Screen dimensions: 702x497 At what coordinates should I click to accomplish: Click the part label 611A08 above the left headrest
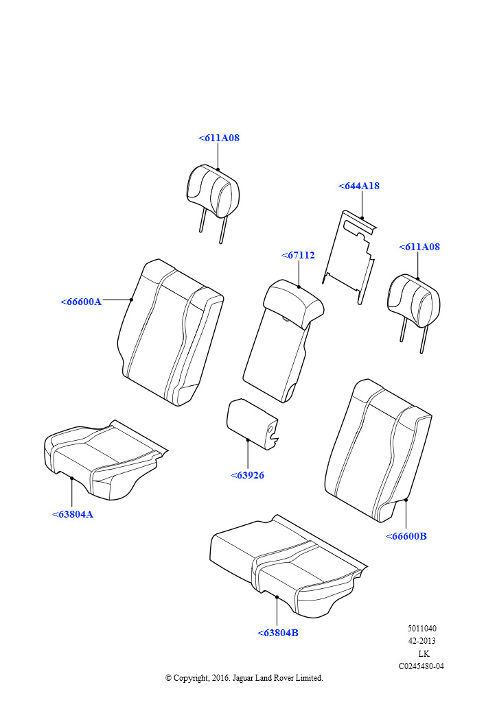pyautogui.click(x=219, y=138)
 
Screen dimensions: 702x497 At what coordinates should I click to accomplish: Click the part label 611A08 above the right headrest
pyautogui.click(x=419, y=247)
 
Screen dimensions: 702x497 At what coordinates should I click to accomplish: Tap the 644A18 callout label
pyautogui.click(x=359, y=186)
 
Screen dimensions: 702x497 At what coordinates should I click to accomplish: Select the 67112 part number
pyautogui.click(x=298, y=255)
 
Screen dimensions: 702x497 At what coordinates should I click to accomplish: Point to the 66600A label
pyautogui.click(x=81, y=302)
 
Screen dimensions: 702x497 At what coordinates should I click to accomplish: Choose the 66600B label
pyautogui.click(x=406, y=536)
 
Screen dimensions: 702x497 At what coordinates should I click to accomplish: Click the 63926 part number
pyautogui.click(x=247, y=475)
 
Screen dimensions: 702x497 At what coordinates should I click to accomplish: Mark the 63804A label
pyautogui.click(x=73, y=514)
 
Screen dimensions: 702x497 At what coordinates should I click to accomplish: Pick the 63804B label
pyautogui.click(x=278, y=633)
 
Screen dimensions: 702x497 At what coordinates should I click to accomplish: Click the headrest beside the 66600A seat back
pyautogui.click(x=212, y=192)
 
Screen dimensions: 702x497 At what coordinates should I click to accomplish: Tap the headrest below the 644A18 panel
pyautogui.click(x=413, y=302)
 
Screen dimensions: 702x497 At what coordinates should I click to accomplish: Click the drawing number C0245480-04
pyautogui.click(x=421, y=666)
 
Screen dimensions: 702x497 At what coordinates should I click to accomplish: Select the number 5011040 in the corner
pyautogui.click(x=421, y=629)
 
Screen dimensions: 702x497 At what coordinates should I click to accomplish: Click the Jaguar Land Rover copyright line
pyautogui.click(x=244, y=678)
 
